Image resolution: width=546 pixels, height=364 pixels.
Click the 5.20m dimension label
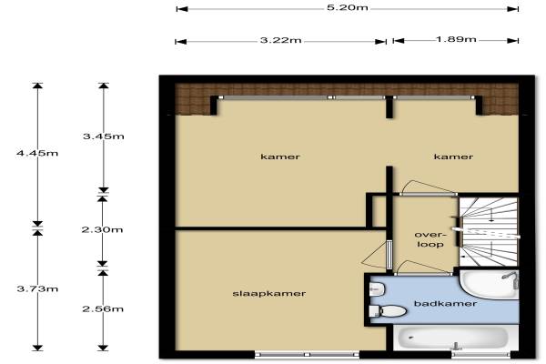pyautogui.click(x=348, y=7)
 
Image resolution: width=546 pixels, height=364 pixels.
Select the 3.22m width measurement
pyautogui.click(x=280, y=40)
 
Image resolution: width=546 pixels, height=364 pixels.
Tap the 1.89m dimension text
pyautogui.click(x=456, y=39)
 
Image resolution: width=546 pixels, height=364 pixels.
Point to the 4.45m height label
pyautogui.click(x=37, y=153)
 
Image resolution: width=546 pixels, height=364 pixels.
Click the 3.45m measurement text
pyautogui.click(x=104, y=136)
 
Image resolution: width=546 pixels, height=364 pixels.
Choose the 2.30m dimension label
pyautogui.click(x=102, y=229)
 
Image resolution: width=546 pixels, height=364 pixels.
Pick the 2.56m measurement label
pyautogui.click(x=103, y=309)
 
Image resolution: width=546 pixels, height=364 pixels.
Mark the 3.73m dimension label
pyautogui.click(x=37, y=288)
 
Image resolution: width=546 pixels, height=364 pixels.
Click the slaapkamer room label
pyautogui.click(x=269, y=294)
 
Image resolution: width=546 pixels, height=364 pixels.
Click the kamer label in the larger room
pyautogui.click(x=280, y=157)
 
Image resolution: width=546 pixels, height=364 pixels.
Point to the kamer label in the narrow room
pyautogui.click(x=453, y=157)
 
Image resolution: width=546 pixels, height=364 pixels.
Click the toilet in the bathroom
pyautogui.click(x=388, y=310)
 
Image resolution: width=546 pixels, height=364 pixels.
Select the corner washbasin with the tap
pyautogui.click(x=490, y=284)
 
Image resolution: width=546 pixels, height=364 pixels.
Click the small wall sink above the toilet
pyautogui.click(x=377, y=288)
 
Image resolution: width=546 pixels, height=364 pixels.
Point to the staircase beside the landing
pyautogui.click(x=489, y=232)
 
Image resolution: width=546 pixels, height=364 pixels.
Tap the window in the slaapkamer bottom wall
pyautogui.click(x=308, y=355)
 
